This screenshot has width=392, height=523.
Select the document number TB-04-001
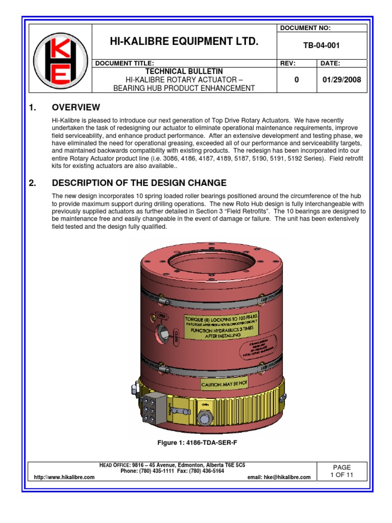click(x=322, y=45)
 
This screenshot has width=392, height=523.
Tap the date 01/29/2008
click(x=342, y=80)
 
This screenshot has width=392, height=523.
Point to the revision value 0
click(x=296, y=80)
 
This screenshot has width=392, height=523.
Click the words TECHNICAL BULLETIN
click(x=184, y=72)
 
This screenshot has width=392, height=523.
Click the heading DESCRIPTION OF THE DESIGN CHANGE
click(x=139, y=183)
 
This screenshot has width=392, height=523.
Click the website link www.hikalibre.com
click(x=64, y=477)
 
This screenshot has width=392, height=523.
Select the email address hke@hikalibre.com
click(x=279, y=477)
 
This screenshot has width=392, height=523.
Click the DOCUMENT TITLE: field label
click(x=121, y=63)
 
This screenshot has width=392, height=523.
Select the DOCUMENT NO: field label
click(x=305, y=28)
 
